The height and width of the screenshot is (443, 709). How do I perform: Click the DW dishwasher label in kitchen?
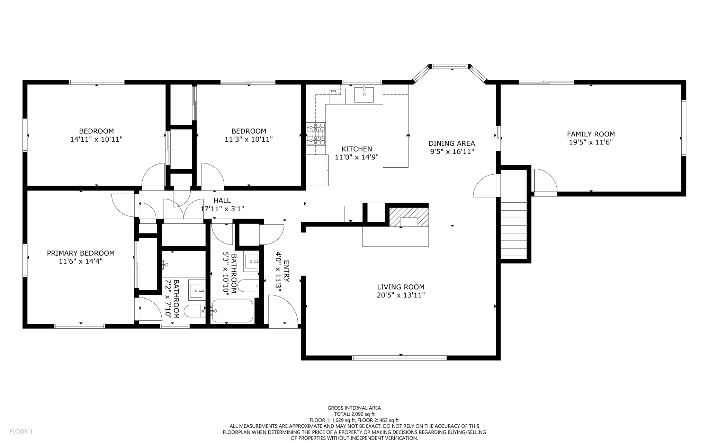[333, 91]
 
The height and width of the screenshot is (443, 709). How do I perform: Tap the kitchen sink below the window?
[364, 95]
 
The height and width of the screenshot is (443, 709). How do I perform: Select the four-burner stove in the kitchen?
[316, 134]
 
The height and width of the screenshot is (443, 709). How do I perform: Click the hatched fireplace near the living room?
[409, 217]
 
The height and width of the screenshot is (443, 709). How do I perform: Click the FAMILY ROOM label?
[591, 134]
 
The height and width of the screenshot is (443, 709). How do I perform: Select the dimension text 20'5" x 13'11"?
[401, 295]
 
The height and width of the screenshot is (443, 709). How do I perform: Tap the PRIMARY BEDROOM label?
[81, 253]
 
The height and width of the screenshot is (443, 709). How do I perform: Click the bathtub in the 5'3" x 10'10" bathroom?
[232, 311]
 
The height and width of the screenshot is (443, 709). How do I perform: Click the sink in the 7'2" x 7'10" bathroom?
[197, 290]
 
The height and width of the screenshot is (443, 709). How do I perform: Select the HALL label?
[222, 201]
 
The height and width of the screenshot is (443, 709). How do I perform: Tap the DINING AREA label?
[451, 143]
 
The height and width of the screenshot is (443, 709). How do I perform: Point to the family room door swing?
[545, 181]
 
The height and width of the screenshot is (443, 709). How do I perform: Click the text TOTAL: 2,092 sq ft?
[354, 414]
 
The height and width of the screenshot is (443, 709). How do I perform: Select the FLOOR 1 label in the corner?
[21, 431]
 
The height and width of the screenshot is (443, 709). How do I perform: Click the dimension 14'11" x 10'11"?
[96, 139]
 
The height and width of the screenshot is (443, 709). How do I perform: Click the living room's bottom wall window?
[399, 358]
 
